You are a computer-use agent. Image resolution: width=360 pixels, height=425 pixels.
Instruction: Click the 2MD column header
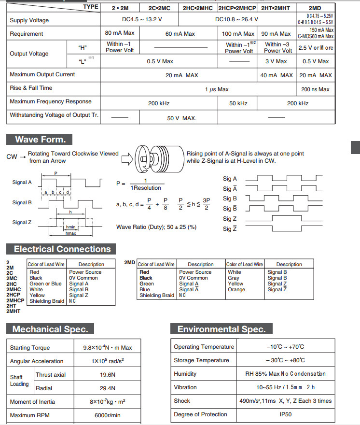point(315,8)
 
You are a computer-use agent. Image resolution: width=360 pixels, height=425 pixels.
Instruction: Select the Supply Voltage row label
point(29,20)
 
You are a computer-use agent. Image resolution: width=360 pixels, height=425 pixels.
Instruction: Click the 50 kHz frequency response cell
point(238,103)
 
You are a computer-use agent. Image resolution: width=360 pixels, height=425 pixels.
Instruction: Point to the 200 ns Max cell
point(315,89)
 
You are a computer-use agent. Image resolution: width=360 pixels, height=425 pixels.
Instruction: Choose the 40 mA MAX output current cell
point(277,75)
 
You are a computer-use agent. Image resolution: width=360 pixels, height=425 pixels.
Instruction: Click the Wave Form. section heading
point(40,140)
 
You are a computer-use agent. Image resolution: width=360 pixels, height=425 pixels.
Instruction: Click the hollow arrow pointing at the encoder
point(128,158)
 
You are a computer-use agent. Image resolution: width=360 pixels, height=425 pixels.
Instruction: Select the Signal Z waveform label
point(22,223)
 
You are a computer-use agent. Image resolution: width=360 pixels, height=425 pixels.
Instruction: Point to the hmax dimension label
point(71,233)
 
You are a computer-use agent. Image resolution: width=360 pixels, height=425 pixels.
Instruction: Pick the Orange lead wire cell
point(236,290)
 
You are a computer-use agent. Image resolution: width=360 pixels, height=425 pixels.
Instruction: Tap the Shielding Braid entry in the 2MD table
point(157,296)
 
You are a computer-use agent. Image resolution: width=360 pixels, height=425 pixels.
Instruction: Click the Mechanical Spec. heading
point(50,329)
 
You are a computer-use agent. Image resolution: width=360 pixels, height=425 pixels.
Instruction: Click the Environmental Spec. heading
point(221,329)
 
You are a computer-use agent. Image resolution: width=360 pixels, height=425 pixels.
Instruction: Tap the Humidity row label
point(185,374)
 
